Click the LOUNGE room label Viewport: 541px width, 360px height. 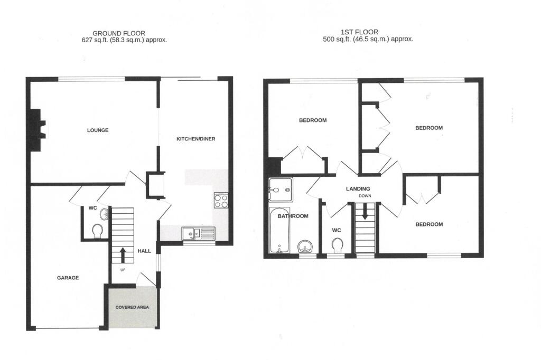tap(98, 130)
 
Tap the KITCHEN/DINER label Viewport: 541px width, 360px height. tap(195, 139)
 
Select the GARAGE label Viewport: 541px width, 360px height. tap(68, 278)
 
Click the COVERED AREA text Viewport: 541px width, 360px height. tap(130, 307)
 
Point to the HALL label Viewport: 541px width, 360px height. tap(145, 252)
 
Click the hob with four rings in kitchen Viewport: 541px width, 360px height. tap(220, 201)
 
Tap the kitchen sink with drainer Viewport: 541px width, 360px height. tap(198, 233)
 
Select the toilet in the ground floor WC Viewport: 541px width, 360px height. tap(97, 231)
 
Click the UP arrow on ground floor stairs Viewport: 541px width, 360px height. tap(123, 255)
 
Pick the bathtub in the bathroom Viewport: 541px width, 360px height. tap(278, 230)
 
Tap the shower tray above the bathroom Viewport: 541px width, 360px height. tap(279, 190)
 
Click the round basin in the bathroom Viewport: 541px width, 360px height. tap(304, 247)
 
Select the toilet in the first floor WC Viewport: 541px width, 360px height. tap(338, 245)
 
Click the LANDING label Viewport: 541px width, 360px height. tap(358, 189)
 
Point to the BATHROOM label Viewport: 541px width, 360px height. tap(293, 216)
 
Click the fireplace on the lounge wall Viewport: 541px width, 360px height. tap(36, 130)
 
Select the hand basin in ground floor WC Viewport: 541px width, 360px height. tap(104, 214)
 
